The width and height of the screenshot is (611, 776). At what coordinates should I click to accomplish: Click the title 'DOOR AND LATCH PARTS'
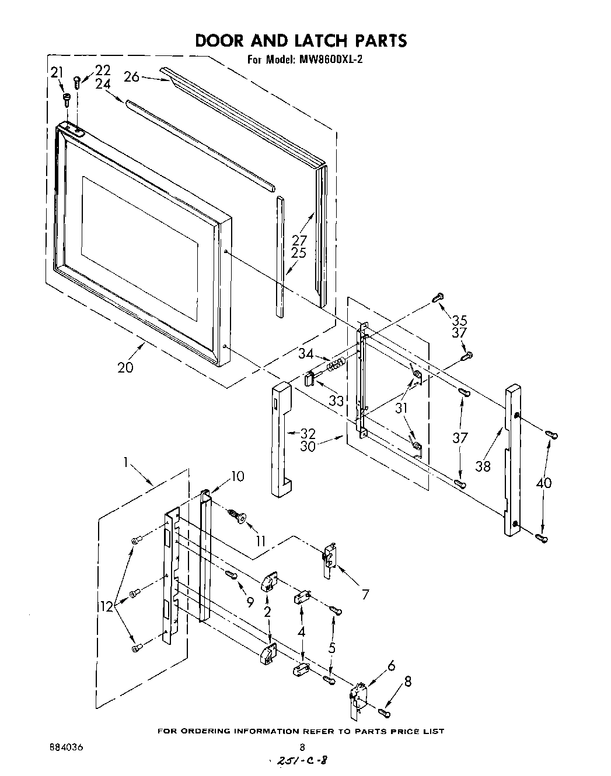tap(301, 40)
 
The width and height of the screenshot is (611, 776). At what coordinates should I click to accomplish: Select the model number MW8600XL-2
tap(330, 59)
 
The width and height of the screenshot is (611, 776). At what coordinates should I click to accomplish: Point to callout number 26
tap(132, 76)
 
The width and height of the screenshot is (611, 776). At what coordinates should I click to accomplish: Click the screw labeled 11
tap(238, 516)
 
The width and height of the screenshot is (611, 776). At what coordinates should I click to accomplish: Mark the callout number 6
tap(391, 665)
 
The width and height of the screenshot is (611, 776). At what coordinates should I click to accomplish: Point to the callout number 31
tap(401, 409)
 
